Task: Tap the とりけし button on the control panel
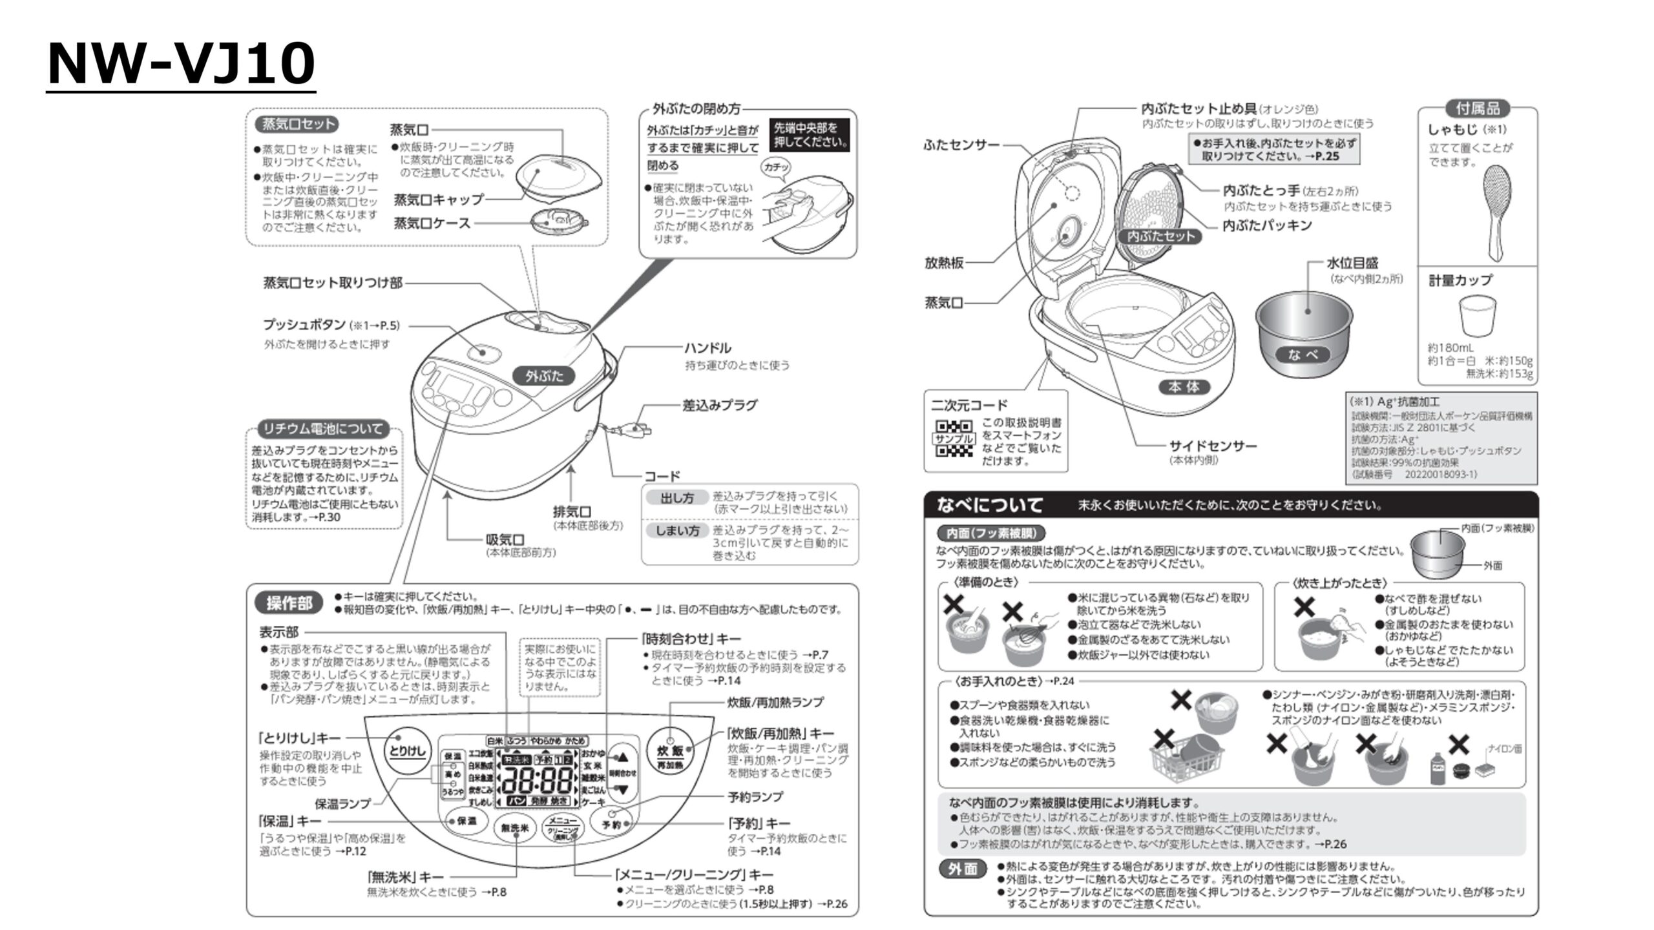point(406,750)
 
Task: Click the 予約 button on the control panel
point(611,824)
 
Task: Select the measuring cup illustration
point(1478,316)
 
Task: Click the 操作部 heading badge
point(289,603)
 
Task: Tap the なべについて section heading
point(989,505)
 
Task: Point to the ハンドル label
point(707,349)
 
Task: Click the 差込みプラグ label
point(720,406)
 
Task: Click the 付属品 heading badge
point(1478,108)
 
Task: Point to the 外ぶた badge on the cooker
point(544,376)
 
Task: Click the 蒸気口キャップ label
point(439,200)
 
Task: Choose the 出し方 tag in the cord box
point(676,498)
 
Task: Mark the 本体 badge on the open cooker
point(1184,387)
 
